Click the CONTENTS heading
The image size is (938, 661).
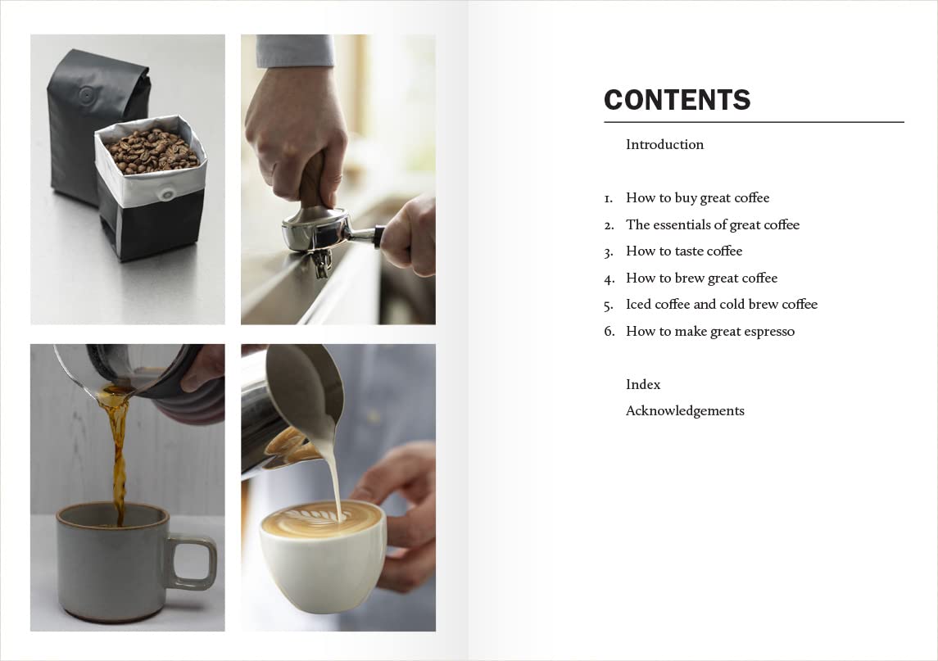tap(677, 100)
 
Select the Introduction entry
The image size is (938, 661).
tap(664, 144)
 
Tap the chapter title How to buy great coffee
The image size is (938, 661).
tap(697, 197)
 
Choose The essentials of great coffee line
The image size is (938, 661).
tap(712, 224)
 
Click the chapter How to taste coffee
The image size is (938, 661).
tap(684, 251)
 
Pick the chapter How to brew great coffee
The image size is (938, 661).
tap(701, 278)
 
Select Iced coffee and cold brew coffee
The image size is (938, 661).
tap(721, 304)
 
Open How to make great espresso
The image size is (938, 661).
tap(709, 331)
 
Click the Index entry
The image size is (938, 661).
tap(643, 384)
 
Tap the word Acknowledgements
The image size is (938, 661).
tap(685, 410)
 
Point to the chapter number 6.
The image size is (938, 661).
tap(609, 332)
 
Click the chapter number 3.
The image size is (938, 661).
tap(609, 251)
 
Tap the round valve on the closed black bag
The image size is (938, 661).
tap(86, 95)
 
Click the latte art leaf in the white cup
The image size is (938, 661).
tap(319, 517)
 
